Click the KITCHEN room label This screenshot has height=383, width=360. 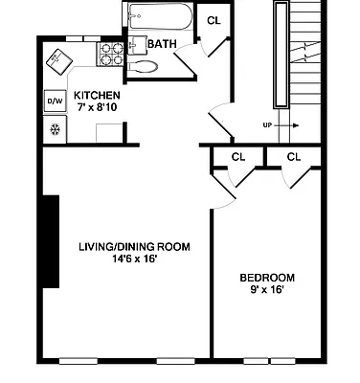click(97, 95)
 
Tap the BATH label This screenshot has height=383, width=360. click(161, 44)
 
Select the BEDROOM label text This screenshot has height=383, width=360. click(266, 278)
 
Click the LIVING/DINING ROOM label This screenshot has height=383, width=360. click(134, 246)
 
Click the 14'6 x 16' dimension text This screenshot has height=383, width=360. click(134, 259)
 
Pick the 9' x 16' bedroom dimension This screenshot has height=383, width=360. click(266, 291)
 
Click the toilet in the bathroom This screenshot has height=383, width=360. click(144, 68)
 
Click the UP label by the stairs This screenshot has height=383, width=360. click(268, 124)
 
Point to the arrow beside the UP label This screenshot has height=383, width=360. click(290, 124)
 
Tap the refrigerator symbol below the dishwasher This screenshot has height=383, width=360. click(54, 129)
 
